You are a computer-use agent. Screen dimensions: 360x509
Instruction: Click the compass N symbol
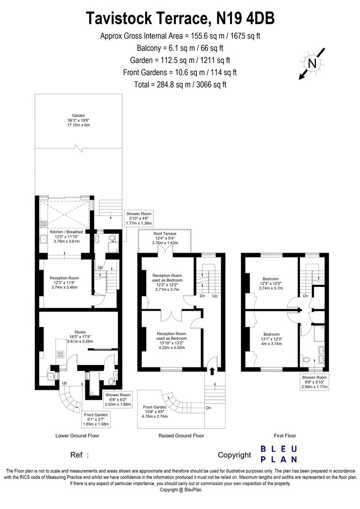coord(312,64)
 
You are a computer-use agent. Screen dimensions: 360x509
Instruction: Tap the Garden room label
coord(79,120)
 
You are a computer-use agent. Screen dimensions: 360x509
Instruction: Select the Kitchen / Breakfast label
coord(66,237)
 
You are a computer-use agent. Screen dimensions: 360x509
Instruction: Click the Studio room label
coord(80,336)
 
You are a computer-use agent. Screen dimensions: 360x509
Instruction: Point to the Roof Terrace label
coord(165,239)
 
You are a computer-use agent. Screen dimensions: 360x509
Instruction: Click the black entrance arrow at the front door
coord(212,371)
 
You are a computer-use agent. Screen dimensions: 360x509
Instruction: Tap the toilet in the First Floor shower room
coord(306,360)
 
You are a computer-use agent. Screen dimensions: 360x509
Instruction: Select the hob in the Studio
coord(61,354)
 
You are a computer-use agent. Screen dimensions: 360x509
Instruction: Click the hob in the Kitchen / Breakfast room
coord(43,223)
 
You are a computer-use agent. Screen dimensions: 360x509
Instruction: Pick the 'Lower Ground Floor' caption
coord(77,436)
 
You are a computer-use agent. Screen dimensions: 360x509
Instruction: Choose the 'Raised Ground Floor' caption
coord(181,436)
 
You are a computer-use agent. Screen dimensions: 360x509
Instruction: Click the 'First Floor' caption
coord(285,436)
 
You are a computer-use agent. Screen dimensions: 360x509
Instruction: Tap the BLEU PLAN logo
coord(279,454)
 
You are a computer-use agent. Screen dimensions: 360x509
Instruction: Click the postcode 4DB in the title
coord(261,18)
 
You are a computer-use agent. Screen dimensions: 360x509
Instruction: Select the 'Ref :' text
coord(80,455)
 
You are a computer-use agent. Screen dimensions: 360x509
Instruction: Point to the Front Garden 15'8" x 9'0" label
coord(155,412)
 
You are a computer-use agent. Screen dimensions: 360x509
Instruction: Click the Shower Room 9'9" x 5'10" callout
coord(314,382)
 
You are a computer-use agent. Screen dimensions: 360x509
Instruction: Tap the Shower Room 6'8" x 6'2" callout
coord(118,399)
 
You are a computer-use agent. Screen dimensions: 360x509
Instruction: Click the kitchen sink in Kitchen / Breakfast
coord(44,239)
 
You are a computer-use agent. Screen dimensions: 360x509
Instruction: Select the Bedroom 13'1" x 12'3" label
coord(271,339)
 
